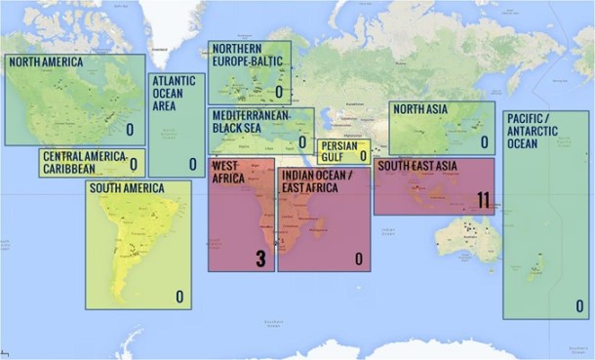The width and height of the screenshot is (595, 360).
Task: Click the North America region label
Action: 46,62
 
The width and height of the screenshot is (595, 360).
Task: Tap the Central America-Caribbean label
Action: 83,156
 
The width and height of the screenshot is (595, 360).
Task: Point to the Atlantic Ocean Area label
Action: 172,93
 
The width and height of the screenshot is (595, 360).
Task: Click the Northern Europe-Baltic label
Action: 247,54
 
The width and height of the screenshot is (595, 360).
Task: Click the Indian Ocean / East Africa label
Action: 314,180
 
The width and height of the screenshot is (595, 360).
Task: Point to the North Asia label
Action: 420,109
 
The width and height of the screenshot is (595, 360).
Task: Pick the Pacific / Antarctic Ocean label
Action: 534,131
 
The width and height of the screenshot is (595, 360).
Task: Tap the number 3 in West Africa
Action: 260,259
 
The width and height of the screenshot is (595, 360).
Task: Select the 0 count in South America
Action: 179,296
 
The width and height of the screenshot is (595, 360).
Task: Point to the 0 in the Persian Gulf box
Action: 363,155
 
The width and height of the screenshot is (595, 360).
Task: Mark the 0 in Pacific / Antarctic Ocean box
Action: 579,305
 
